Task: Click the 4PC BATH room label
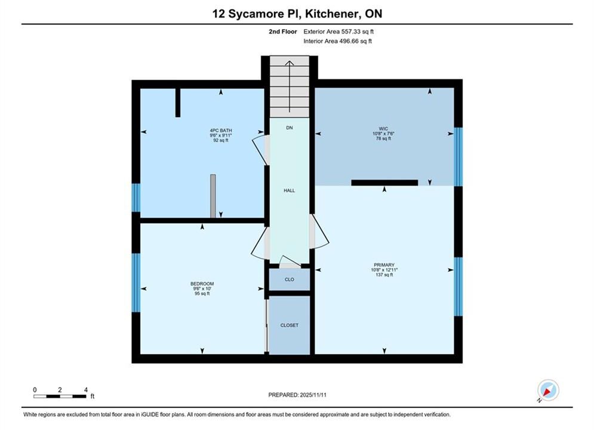point(221,130)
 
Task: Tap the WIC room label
point(383,129)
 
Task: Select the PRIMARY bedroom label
point(384,265)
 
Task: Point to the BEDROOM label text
point(202,284)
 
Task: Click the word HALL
point(290,191)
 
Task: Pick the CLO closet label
point(290,279)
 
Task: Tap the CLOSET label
point(290,325)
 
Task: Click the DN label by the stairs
point(290,128)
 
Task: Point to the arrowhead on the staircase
point(290,63)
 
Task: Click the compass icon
point(548,390)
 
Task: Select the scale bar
point(60,397)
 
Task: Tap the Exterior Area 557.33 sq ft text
point(338,32)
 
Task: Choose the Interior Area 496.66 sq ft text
point(337,41)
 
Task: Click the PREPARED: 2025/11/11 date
point(297,395)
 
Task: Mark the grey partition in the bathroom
point(213,196)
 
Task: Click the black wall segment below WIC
point(384,183)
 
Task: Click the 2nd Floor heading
point(283,32)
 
